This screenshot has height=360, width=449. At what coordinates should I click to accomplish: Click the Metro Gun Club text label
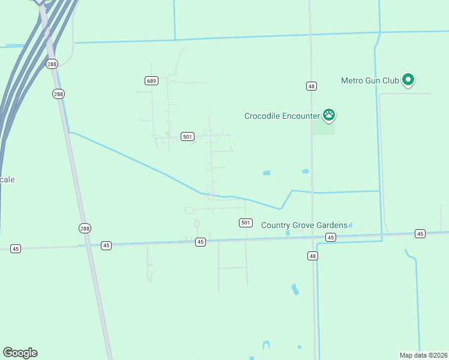coord(370,80)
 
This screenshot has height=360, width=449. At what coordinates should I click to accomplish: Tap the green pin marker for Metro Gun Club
coord(408,79)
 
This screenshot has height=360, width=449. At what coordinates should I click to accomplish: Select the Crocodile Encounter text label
coord(282,116)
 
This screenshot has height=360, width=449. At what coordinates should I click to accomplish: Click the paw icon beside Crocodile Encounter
coord(328,114)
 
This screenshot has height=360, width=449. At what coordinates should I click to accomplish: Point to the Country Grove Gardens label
coord(304,225)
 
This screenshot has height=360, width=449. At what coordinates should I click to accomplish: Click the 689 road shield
coord(151,81)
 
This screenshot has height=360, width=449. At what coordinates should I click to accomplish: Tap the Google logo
coord(20,353)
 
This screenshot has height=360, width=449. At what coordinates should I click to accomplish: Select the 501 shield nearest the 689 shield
coord(188,137)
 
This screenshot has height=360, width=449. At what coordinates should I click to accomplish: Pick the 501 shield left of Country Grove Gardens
coord(245,223)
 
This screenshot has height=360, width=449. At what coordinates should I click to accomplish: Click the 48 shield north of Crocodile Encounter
coord(311,86)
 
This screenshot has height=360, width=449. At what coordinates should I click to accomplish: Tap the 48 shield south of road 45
coord(313,256)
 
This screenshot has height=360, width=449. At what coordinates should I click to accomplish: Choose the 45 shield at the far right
coord(420,233)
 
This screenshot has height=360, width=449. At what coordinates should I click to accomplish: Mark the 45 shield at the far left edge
coord(16,248)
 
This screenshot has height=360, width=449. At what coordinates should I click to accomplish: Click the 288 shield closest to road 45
coord(85,228)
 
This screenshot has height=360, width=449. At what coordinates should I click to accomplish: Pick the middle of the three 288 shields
coord(58,94)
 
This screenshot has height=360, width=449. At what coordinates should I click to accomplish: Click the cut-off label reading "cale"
coord(7,179)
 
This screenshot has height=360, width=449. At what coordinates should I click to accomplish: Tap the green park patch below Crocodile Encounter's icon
coord(324,128)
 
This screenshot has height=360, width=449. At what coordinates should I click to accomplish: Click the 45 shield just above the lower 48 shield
coord(331,238)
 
